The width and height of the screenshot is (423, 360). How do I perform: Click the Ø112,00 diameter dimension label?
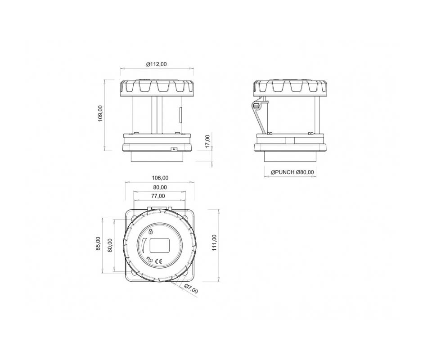(157, 64)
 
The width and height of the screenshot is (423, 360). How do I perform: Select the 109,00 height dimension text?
(100, 113)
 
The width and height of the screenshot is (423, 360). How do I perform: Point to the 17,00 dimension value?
(207, 141)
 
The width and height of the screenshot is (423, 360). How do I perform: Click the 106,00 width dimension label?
(160, 178)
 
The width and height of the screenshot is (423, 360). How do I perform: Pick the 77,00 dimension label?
(158, 196)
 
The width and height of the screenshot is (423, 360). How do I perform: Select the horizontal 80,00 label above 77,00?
(160, 187)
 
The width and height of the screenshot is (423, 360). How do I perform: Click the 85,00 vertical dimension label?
(98, 243)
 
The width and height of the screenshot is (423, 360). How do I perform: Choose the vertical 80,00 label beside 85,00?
(110, 245)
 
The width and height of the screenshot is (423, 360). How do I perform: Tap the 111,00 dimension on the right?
(215, 243)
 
